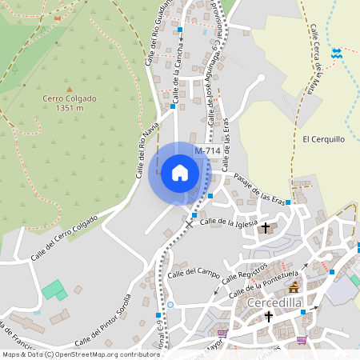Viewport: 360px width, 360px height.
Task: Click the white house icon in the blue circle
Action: pos(180,172)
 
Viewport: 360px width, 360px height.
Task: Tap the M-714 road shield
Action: pos(207,151)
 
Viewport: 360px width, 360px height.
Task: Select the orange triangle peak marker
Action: pos(70,89)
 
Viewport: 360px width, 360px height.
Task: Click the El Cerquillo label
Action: pos(323,138)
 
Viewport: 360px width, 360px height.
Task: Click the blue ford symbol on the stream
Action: pos(337,54)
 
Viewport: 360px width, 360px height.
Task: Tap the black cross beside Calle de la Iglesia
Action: pos(267,228)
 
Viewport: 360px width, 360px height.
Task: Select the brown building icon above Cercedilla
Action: pos(295,286)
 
